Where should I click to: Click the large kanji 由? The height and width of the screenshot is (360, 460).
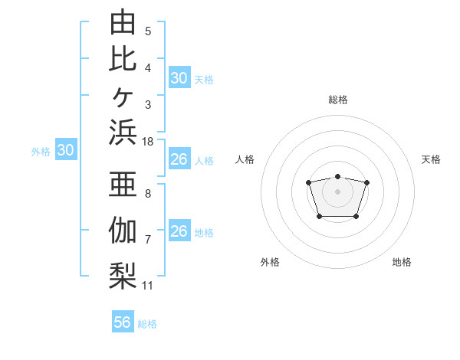click(123, 21)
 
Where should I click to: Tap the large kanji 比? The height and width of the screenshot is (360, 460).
click(123, 60)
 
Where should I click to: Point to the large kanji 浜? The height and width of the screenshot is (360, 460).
click(123, 132)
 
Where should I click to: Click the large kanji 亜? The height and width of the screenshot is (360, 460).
click(123, 184)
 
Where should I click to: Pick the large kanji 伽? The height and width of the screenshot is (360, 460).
click(123, 230)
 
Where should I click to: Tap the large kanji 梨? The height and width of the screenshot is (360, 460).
click(123, 276)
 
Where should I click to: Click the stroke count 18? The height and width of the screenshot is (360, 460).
click(147, 142)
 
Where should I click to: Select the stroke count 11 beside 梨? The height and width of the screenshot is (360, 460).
click(147, 286)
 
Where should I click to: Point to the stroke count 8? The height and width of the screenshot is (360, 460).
click(148, 194)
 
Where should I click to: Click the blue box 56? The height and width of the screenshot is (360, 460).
click(123, 321)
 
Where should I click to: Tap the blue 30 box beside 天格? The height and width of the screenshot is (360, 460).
click(179, 77)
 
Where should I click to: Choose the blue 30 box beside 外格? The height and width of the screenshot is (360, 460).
click(66, 149)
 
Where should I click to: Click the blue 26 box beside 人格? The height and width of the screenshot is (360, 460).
click(179, 159)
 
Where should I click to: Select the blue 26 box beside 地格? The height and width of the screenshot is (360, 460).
click(179, 230)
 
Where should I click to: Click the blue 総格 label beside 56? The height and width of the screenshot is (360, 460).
click(147, 324)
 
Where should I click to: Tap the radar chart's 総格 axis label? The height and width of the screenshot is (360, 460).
click(338, 100)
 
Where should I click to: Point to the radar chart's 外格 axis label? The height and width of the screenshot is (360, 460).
click(270, 262)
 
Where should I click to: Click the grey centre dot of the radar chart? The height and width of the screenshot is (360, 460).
click(337, 191)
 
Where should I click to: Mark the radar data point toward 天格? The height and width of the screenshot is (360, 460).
click(366, 182)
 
